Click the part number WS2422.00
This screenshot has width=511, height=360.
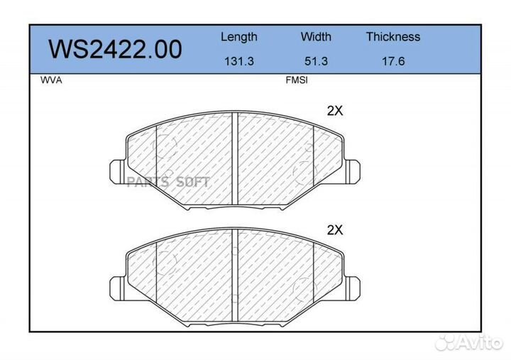[x=116, y=49]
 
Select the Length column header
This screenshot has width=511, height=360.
[x=239, y=37]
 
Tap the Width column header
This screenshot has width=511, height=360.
[x=316, y=36]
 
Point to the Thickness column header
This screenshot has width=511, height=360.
[x=393, y=36]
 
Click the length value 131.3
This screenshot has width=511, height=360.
[x=239, y=61]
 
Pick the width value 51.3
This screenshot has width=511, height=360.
[x=316, y=61]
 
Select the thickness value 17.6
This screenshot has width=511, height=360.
[x=393, y=61]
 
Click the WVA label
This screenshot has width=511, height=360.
[x=51, y=80]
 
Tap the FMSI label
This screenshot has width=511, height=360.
[x=297, y=80]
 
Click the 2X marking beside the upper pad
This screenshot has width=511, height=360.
[x=335, y=111]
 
